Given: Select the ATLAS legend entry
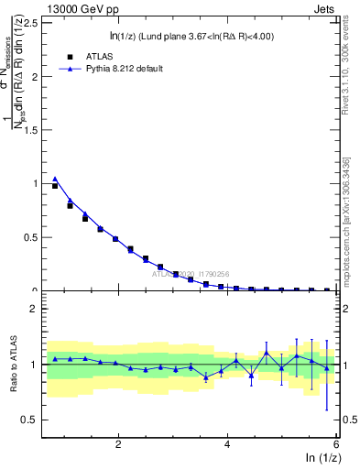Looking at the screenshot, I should pos(92,55).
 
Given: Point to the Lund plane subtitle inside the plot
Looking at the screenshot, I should pos(191,36).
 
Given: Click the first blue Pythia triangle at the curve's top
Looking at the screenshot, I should pos(55,179).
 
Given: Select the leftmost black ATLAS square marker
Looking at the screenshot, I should pos(55,186).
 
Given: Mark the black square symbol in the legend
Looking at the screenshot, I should pos(70,55).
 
